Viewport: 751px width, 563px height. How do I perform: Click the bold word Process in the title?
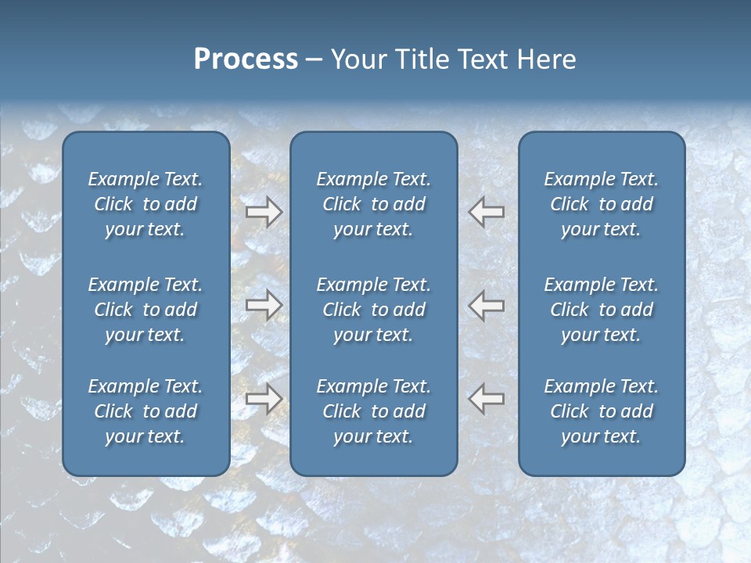tap(246, 59)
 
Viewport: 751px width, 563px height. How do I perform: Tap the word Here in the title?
tap(545, 59)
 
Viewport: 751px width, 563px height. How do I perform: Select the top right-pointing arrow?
tap(264, 212)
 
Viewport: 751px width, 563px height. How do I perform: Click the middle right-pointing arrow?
tap(264, 305)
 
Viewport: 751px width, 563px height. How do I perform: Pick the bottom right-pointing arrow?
tap(264, 399)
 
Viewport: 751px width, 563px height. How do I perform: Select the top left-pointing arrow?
tap(486, 212)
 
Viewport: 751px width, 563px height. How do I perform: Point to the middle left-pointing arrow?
tap(486, 305)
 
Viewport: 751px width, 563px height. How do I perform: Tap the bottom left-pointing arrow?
tap(486, 399)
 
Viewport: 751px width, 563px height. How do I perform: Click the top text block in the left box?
tap(146, 204)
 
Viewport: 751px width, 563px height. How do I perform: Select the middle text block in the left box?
tap(146, 310)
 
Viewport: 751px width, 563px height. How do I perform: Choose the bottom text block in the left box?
tap(146, 411)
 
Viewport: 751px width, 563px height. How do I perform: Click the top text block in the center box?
tap(373, 204)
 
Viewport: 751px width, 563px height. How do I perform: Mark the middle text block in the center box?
tap(373, 310)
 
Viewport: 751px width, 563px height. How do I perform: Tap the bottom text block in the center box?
tap(373, 411)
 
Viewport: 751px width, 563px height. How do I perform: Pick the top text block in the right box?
tap(601, 204)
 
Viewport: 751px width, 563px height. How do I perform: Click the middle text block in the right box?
tap(601, 310)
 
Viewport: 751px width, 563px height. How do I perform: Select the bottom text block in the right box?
tap(601, 411)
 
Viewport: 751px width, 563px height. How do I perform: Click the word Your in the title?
tap(358, 59)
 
